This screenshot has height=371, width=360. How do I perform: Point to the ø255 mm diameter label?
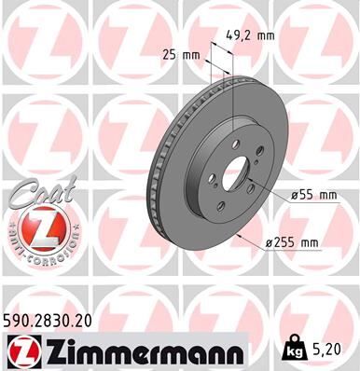click(x=293, y=243)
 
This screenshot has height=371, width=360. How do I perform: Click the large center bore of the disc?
click(x=235, y=174)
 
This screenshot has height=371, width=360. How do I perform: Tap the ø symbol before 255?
click(x=268, y=243)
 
